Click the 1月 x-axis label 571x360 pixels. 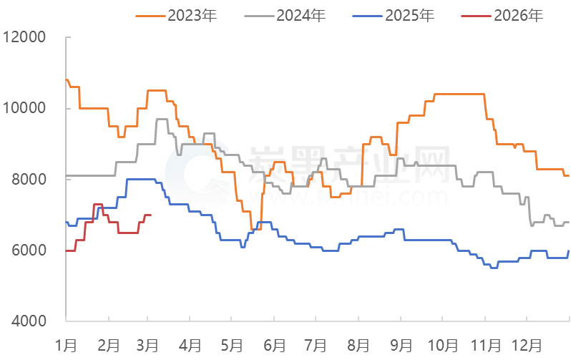tap(66, 345)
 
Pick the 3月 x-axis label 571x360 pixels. tap(148, 345)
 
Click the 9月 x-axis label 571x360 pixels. tap(400, 345)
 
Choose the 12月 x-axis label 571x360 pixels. tap(529, 345)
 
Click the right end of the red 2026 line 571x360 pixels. tap(150, 215)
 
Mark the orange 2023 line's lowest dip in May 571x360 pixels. tap(252, 229)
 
